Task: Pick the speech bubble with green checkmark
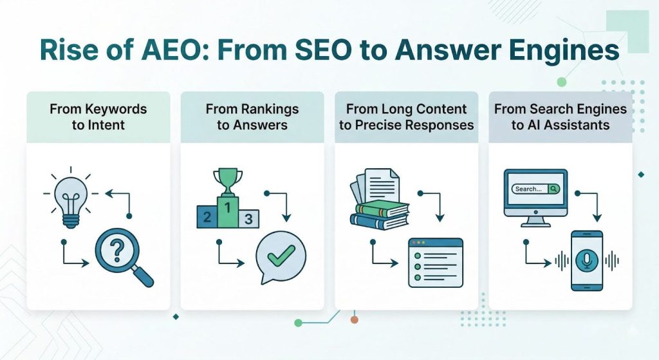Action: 281,257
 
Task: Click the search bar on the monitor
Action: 535,189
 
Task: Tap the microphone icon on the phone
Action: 586,259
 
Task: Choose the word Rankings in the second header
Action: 252,109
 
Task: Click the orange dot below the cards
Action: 354,319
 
